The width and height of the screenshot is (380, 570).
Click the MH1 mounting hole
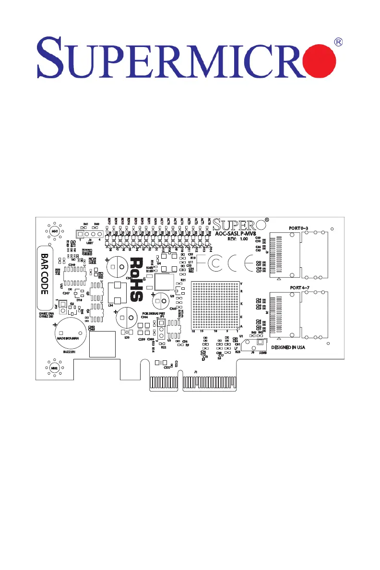(x=54, y=231)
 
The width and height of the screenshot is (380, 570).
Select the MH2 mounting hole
(x=54, y=368)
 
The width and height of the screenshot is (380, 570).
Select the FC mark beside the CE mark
(x=208, y=264)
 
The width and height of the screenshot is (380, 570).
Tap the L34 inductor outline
(x=116, y=293)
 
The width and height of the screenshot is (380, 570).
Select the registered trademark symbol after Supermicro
(x=338, y=42)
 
